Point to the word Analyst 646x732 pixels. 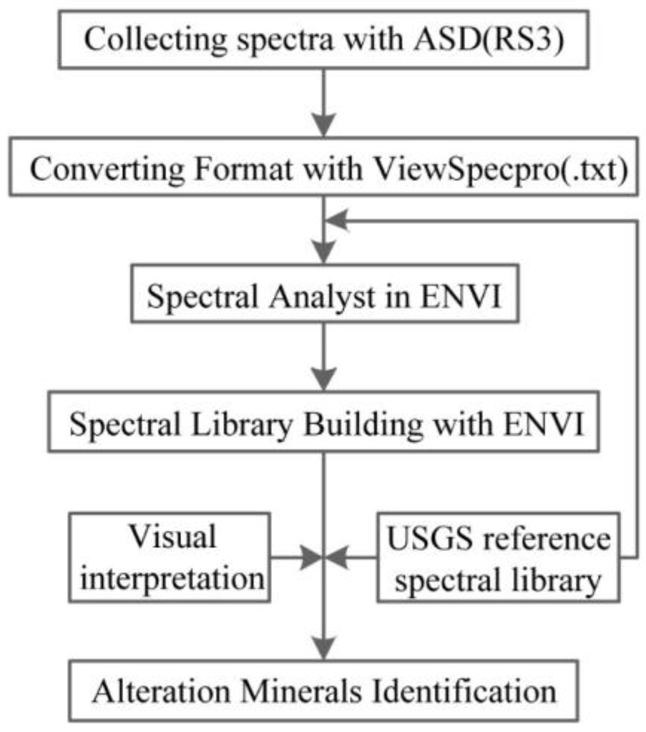tap(322, 297)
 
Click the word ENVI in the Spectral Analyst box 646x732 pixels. tap(461, 297)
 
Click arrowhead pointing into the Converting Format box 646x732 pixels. tap(324, 125)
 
